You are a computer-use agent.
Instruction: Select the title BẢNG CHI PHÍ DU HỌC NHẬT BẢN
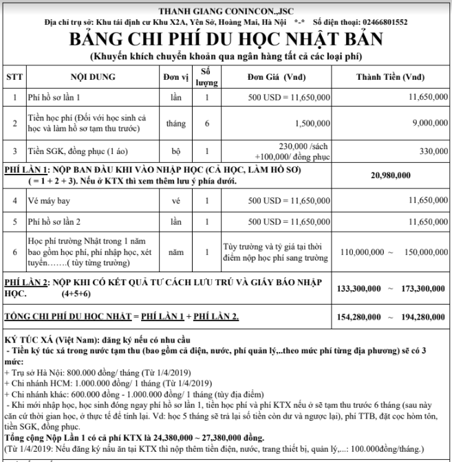pos(226,39)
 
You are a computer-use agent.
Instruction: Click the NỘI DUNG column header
pos(93,77)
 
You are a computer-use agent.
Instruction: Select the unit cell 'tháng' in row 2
pos(171,124)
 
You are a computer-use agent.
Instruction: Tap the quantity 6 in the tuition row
pos(206,124)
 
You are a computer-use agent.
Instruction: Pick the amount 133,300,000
pos(361,288)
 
